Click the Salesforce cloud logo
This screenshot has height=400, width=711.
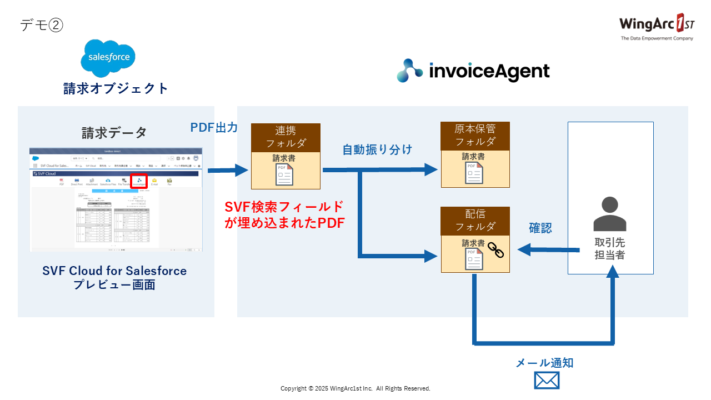[x=108, y=58]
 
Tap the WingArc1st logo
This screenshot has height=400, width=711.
[x=656, y=26]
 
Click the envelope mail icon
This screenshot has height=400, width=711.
[x=547, y=381]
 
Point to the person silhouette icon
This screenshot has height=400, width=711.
[x=610, y=214]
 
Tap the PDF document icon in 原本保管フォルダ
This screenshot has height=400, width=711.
[x=474, y=173]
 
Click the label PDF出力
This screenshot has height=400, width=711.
[x=214, y=128]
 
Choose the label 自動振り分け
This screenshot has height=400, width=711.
[x=377, y=149]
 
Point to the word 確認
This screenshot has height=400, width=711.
[x=540, y=228]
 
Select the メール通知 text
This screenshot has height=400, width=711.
[x=544, y=363]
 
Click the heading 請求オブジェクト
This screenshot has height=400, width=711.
[x=116, y=88]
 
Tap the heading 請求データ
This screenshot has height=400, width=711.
[x=114, y=133]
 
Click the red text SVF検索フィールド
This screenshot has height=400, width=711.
[x=284, y=207]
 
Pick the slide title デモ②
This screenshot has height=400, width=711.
[x=42, y=25]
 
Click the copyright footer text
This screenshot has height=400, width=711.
[x=355, y=388]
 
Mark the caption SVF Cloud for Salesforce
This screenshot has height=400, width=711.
[x=114, y=271]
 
